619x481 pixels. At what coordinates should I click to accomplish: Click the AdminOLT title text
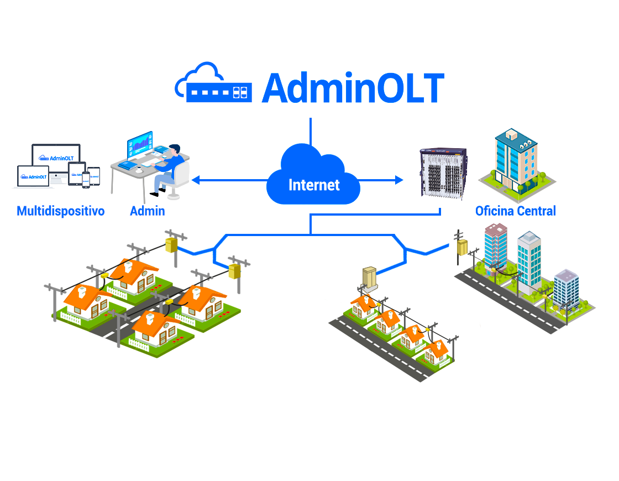coord(353,87)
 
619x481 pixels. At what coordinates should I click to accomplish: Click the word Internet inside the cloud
coord(314,184)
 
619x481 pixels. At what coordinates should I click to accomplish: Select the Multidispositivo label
coord(61,211)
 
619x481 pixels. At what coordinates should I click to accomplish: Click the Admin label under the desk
coord(147,211)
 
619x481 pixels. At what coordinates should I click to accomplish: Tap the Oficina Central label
coord(515,211)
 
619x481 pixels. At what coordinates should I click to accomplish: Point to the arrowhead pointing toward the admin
coord(196,180)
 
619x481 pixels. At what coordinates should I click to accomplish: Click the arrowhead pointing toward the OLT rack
coord(399,180)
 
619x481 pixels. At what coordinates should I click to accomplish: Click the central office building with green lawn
coord(516,160)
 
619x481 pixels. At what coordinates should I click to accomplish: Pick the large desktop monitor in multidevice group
coord(56,156)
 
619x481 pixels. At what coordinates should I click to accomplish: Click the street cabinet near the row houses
coord(369,278)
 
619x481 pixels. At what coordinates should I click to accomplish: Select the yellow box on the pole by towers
coord(462,247)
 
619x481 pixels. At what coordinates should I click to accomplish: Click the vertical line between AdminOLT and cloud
coord(311,132)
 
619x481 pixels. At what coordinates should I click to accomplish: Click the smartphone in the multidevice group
coord(86,179)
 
